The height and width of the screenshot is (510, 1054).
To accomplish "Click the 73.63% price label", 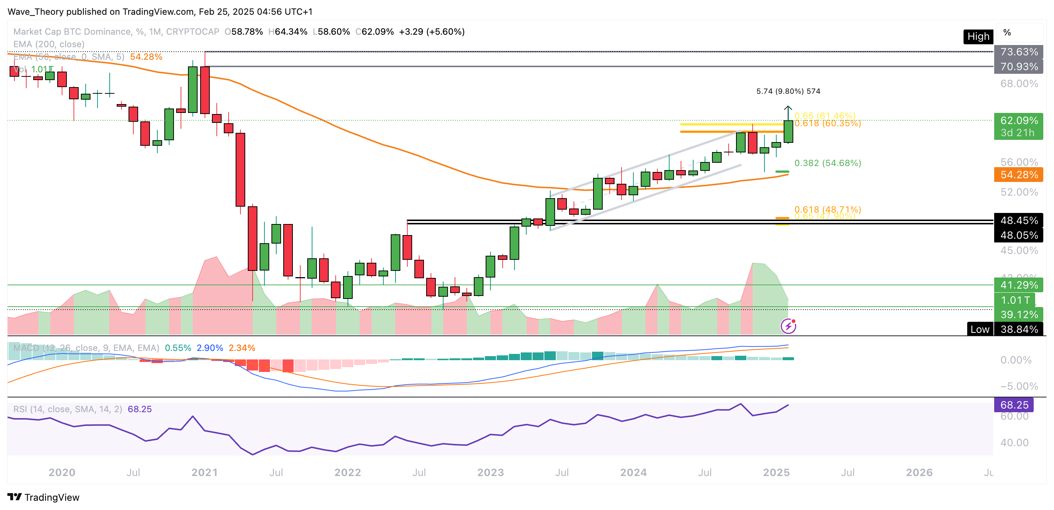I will [1019, 52].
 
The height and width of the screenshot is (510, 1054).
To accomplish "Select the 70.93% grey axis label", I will [1019, 67].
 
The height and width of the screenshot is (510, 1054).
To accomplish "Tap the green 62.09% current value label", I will [1019, 121].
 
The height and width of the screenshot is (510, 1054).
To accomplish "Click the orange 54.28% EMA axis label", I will [1019, 175].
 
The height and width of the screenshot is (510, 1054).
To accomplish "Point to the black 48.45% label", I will [1019, 220].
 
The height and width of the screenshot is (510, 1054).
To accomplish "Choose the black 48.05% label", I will [1019, 235].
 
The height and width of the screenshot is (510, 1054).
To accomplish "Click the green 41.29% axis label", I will [1019, 285].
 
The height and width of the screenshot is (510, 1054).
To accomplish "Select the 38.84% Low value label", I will [1019, 329].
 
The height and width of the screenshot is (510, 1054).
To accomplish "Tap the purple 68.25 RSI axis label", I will [1013, 405].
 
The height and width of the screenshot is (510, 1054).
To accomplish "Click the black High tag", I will [978, 37].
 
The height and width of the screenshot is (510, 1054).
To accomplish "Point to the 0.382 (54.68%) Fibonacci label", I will [827, 163].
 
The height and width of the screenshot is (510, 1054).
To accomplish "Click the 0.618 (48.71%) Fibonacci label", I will [827, 209].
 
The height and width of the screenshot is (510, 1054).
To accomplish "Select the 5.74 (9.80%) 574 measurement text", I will [788, 91].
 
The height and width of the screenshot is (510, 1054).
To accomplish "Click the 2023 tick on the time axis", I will [490, 472].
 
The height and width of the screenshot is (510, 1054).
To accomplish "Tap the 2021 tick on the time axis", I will [205, 472].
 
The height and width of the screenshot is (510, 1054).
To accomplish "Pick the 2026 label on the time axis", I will [919, 472].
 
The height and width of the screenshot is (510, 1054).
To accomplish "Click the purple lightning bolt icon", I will [788, 326].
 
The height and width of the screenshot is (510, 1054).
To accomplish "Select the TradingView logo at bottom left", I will [43, 497].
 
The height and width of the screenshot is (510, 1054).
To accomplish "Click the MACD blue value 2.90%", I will [209, 348].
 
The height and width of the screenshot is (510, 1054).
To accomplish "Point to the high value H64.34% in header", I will [288, 31].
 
